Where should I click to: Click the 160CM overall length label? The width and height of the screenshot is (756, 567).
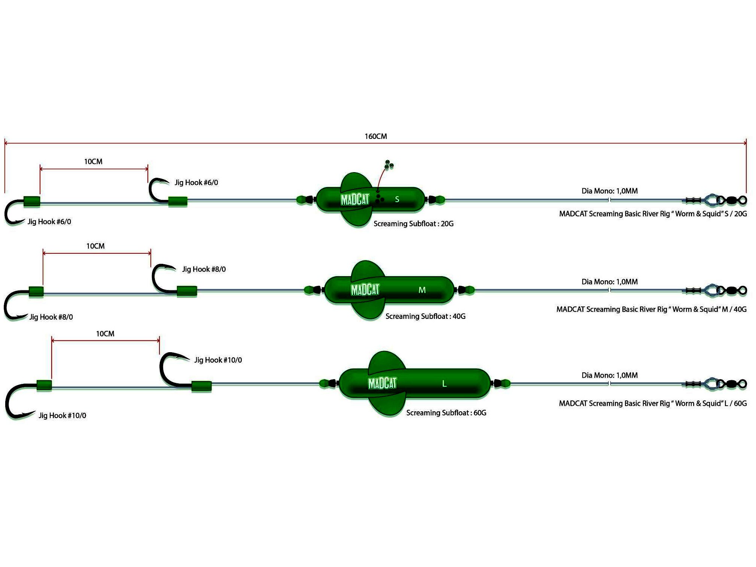pos(376,136)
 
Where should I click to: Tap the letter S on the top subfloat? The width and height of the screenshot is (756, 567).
pos(397,199)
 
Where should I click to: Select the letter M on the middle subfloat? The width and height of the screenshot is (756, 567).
pos(422,290)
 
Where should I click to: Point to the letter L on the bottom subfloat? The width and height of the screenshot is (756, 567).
pos(444,384)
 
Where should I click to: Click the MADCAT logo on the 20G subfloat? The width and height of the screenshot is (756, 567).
pos(355,199)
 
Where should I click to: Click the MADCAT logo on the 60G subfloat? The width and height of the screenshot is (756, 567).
pos(382,383)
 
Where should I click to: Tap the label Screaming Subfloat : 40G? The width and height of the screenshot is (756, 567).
pos(425,316)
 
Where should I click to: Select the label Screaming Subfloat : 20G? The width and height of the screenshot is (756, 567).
pos(413,224)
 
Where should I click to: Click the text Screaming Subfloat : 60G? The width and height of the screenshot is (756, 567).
pos(446,413)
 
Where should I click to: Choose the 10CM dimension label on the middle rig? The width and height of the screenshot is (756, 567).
pos(95,246)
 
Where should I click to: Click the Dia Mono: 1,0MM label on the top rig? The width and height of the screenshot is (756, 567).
pos(609,191)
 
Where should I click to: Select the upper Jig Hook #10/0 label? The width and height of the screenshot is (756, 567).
pos(218,360)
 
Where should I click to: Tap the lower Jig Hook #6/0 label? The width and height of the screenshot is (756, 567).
pos(49,222)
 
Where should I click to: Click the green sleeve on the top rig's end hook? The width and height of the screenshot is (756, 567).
pos(32,201)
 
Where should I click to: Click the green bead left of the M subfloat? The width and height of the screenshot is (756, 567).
pos(309,290)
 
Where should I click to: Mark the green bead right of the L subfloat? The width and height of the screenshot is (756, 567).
pos(505,383)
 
